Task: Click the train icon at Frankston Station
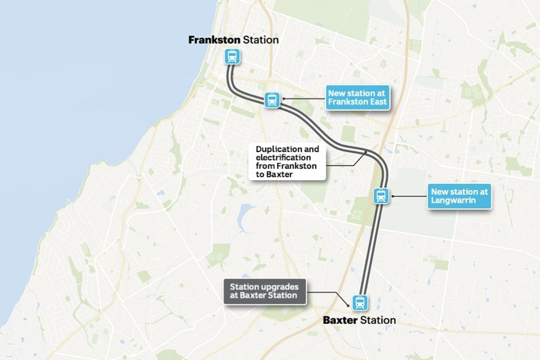[232, 56]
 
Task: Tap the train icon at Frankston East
[272, 100]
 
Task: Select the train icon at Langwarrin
[381, 196]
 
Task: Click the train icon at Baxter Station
[360, 301]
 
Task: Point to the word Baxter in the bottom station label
[340, 320]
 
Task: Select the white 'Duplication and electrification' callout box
[287, 161]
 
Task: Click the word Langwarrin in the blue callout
[451, 200]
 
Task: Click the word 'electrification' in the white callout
[284, 157]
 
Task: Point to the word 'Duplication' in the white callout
[279, 149]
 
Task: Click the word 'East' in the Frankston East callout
[378, 102]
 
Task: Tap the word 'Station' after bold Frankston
[261, 40]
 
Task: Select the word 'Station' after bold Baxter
[377, 320]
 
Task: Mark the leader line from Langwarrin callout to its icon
[410, 196]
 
